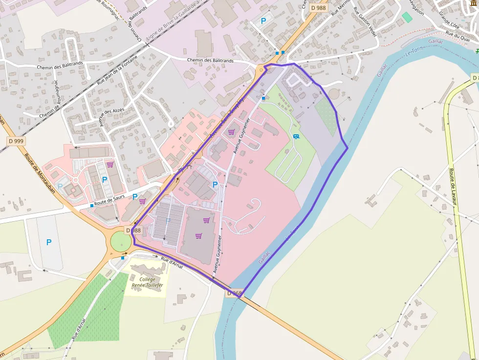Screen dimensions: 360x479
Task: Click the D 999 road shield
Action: (x=16, y=141)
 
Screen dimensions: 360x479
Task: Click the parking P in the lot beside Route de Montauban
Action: (x=48, y=242)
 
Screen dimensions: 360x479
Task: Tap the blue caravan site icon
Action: (x=296, y=136)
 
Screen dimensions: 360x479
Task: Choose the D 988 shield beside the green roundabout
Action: (x=133, y=231)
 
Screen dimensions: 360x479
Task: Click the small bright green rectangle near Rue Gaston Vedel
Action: (x=407, y=17)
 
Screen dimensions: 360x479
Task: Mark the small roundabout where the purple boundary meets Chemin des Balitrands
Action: (x=261, y=69)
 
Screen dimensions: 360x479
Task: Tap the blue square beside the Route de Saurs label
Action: (x=92, y=206)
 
